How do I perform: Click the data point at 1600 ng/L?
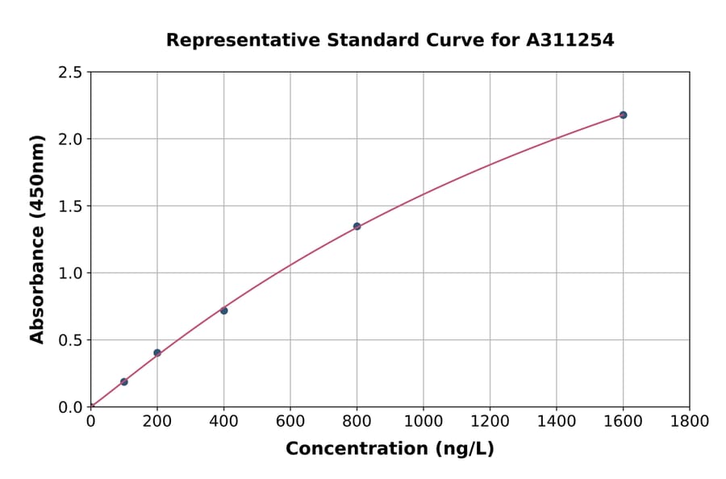[x=623, y=115]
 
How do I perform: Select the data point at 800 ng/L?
[x=357, y=227]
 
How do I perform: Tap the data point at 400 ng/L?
[x=223, y=310]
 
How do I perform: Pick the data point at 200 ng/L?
[x=157, y=352]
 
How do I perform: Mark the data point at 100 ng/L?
[x=124, y=381]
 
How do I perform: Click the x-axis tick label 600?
[x=290, y=421]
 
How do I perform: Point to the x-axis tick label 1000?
[x=423, y=421]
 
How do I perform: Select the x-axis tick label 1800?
[x=689, y=421]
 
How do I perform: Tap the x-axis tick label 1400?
[x=556, y=421]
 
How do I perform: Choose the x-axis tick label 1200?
[x=490, y=421]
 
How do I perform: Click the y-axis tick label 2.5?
[x=70, y=73]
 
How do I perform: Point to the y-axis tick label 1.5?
[x=70, y=206]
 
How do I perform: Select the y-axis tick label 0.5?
[x=70, y=340]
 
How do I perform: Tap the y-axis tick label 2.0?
[x=70, y=140]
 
